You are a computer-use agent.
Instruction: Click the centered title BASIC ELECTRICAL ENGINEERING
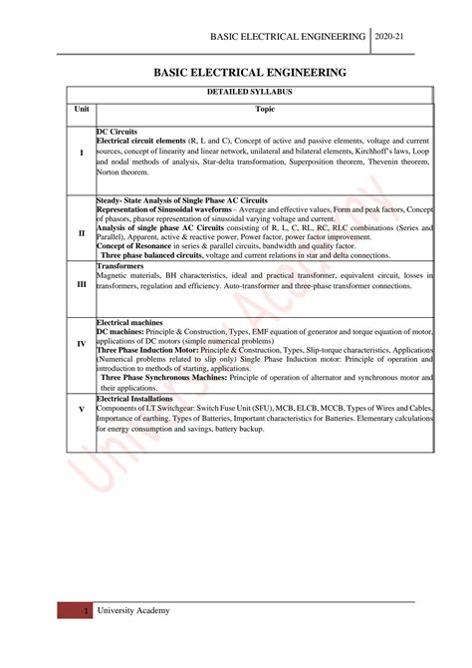[249, 73]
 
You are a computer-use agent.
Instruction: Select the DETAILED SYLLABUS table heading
[249, 93]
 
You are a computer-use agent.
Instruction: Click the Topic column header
[264, 109]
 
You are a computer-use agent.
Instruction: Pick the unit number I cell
[81, 153]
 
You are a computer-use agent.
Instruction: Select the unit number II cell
[81, 232]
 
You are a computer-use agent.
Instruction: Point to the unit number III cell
[81, 284]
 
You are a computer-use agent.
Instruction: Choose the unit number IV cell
[81, 343]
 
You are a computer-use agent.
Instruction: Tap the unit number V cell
[81, 410]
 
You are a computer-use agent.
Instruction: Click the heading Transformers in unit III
[120, 267]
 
